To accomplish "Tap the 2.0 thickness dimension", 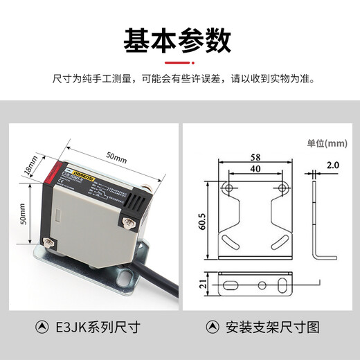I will click(332, 166).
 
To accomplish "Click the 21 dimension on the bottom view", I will click(202, 282).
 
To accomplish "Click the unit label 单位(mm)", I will click(325, 144).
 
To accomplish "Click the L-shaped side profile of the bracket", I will click(318, 222).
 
